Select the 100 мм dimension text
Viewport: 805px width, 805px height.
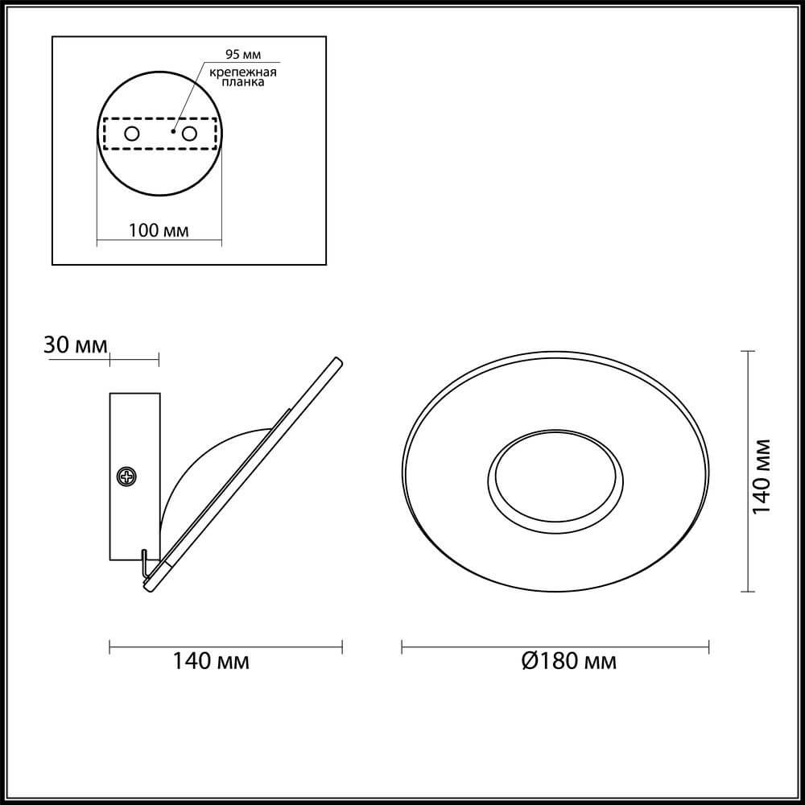[159, 231]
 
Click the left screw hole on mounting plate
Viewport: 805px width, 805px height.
[131, 133]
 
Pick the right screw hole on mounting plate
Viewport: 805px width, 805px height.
[190, 133]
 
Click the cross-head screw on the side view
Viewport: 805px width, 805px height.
[126, 477]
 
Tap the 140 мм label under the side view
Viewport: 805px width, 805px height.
[211, 662]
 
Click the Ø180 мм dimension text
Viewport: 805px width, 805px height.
[568, 662]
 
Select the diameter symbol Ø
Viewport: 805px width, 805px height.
[529, 662]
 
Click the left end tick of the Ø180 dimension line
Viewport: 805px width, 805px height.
[402, 646]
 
